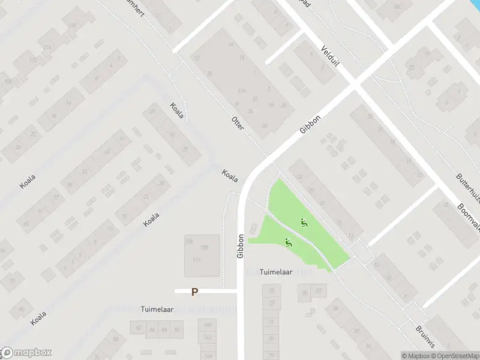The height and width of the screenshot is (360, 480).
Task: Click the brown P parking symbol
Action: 194,292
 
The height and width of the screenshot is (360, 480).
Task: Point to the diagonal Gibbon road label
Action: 311,125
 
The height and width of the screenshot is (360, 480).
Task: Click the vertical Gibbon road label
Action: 241,246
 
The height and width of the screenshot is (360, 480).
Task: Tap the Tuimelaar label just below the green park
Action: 276,272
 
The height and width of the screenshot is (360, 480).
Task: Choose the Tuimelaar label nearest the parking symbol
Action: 157,310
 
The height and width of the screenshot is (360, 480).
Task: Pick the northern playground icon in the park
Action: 304,223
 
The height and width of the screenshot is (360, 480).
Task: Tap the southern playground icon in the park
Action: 289,242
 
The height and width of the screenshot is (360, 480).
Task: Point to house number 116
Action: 196,259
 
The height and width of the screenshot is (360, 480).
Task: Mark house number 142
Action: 208,337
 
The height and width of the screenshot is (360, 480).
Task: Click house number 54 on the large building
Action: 271,104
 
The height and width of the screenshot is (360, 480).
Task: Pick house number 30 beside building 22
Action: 305,293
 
